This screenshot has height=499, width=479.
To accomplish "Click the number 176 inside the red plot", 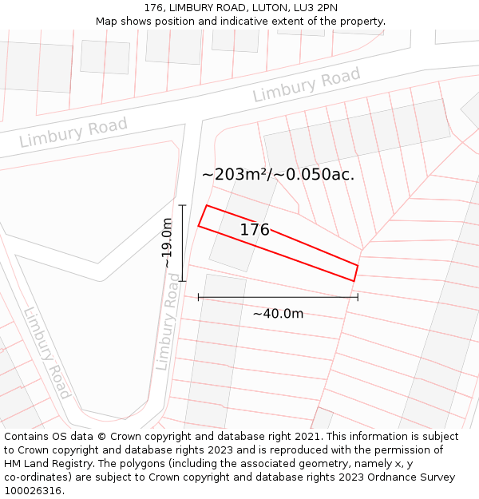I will pos(255,230).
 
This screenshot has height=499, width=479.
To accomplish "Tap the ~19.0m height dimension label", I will pos(167,243).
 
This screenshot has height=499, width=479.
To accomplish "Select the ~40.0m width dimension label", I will pos(278,314).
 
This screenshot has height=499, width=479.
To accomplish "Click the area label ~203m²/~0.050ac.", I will pos(278,174).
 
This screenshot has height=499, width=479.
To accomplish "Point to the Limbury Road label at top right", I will pos(307,85).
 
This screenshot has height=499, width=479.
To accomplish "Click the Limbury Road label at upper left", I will pos(73,133).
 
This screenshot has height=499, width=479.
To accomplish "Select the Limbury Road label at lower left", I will pos(47,353).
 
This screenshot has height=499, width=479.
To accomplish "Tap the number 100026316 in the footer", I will pos(33,490).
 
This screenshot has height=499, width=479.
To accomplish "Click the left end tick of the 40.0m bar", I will pos(198,297).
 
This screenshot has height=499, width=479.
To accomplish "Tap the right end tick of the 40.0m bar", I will pos(358,297).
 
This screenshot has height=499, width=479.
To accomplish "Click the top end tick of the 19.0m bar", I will pos(183,205).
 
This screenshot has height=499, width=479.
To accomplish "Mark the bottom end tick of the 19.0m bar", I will pos(183,281).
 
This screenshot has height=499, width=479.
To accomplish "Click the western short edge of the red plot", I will pos(203,216).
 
